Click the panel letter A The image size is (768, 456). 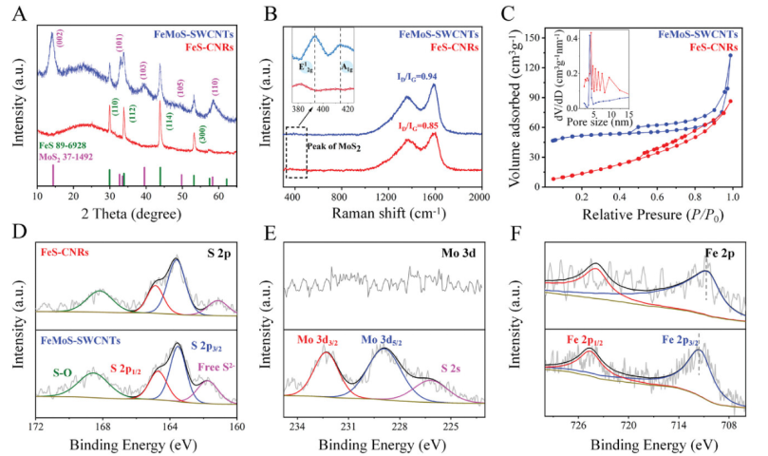pos(12,12)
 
